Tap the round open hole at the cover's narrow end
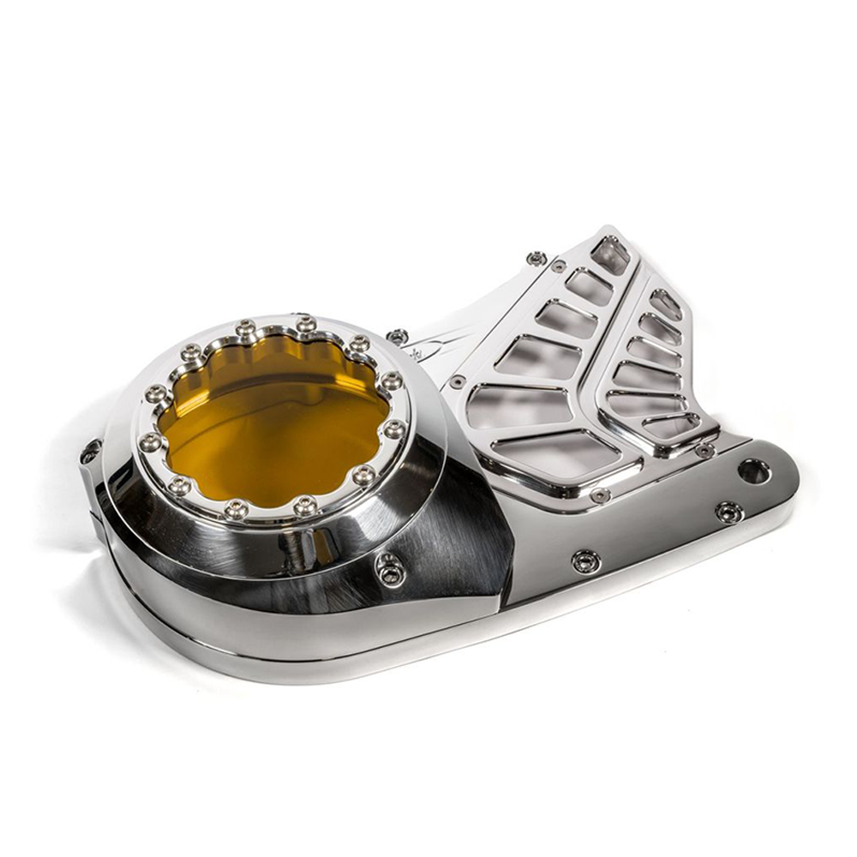[753, 470]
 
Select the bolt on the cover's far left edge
[90, 451]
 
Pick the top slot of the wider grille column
[609, 254]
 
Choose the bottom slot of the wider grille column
[558, 452]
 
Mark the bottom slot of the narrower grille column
[674, 425]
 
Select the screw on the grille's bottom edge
[600, 494]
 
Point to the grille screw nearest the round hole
[704, 450]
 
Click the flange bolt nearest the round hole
[728, 512]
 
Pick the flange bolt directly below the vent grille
[585, 561]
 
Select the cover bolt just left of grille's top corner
[536, 258]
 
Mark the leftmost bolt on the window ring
[151, 442]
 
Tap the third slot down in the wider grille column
[566, 319]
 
